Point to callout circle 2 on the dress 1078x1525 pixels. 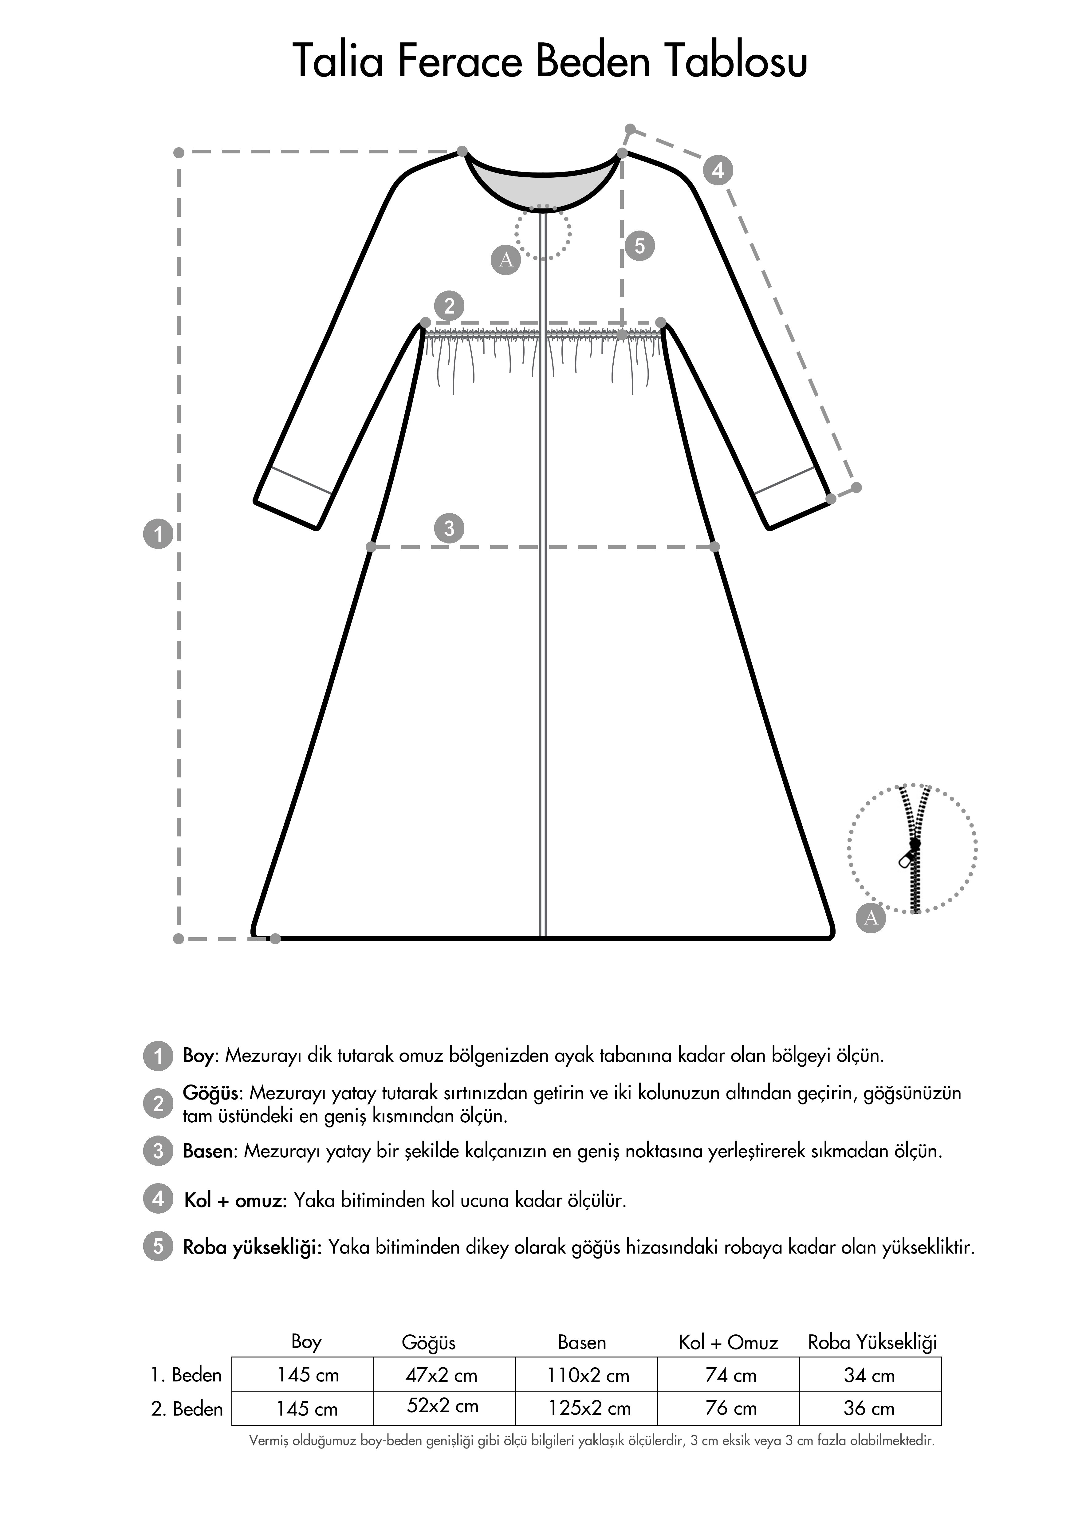coord(449,306)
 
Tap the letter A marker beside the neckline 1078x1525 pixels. coord(506,260)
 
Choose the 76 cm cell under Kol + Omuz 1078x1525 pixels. coord(730,1408)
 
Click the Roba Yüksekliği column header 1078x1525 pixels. coord(872,1342)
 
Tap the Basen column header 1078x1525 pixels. coord(582,1342)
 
